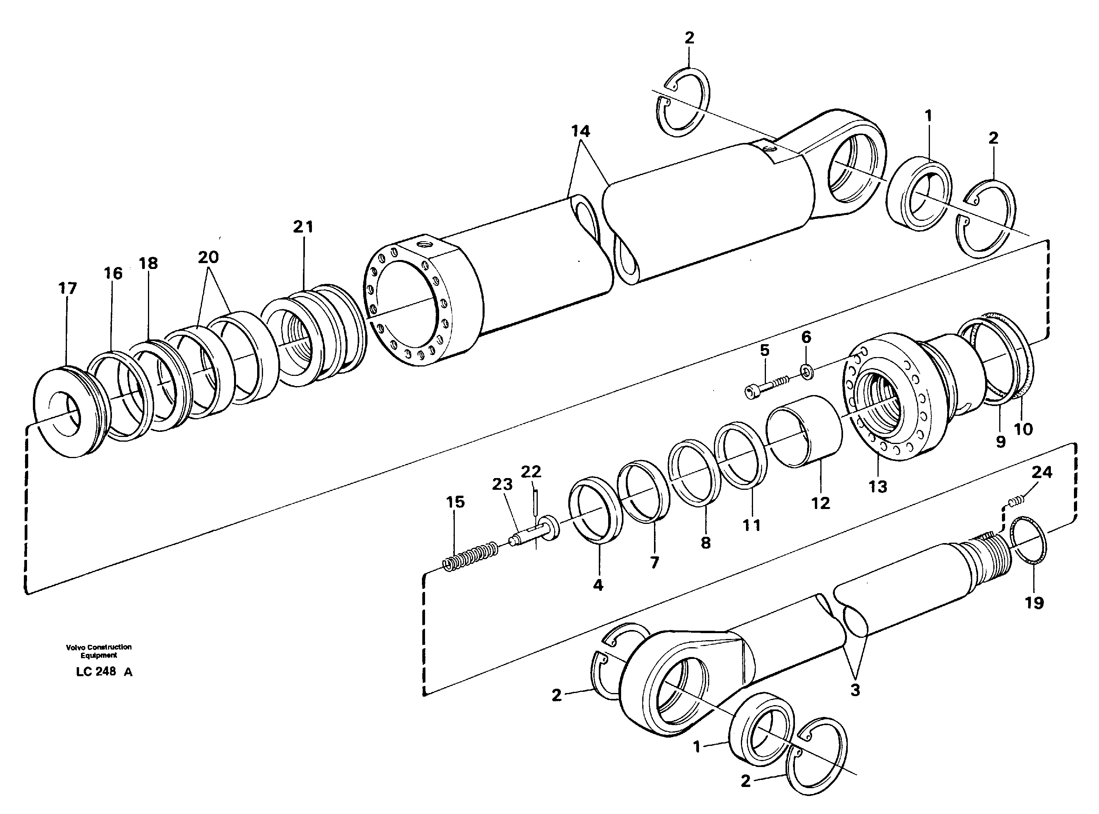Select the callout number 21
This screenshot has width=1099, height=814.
tap(303, 227)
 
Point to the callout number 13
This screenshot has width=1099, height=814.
tap(877, 486)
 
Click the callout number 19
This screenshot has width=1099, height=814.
tap(1034, 602)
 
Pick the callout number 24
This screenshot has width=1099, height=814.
tap(1042, 473)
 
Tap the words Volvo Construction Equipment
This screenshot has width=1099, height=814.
tap(99, 651)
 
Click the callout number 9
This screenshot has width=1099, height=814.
tap(1000, 442)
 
